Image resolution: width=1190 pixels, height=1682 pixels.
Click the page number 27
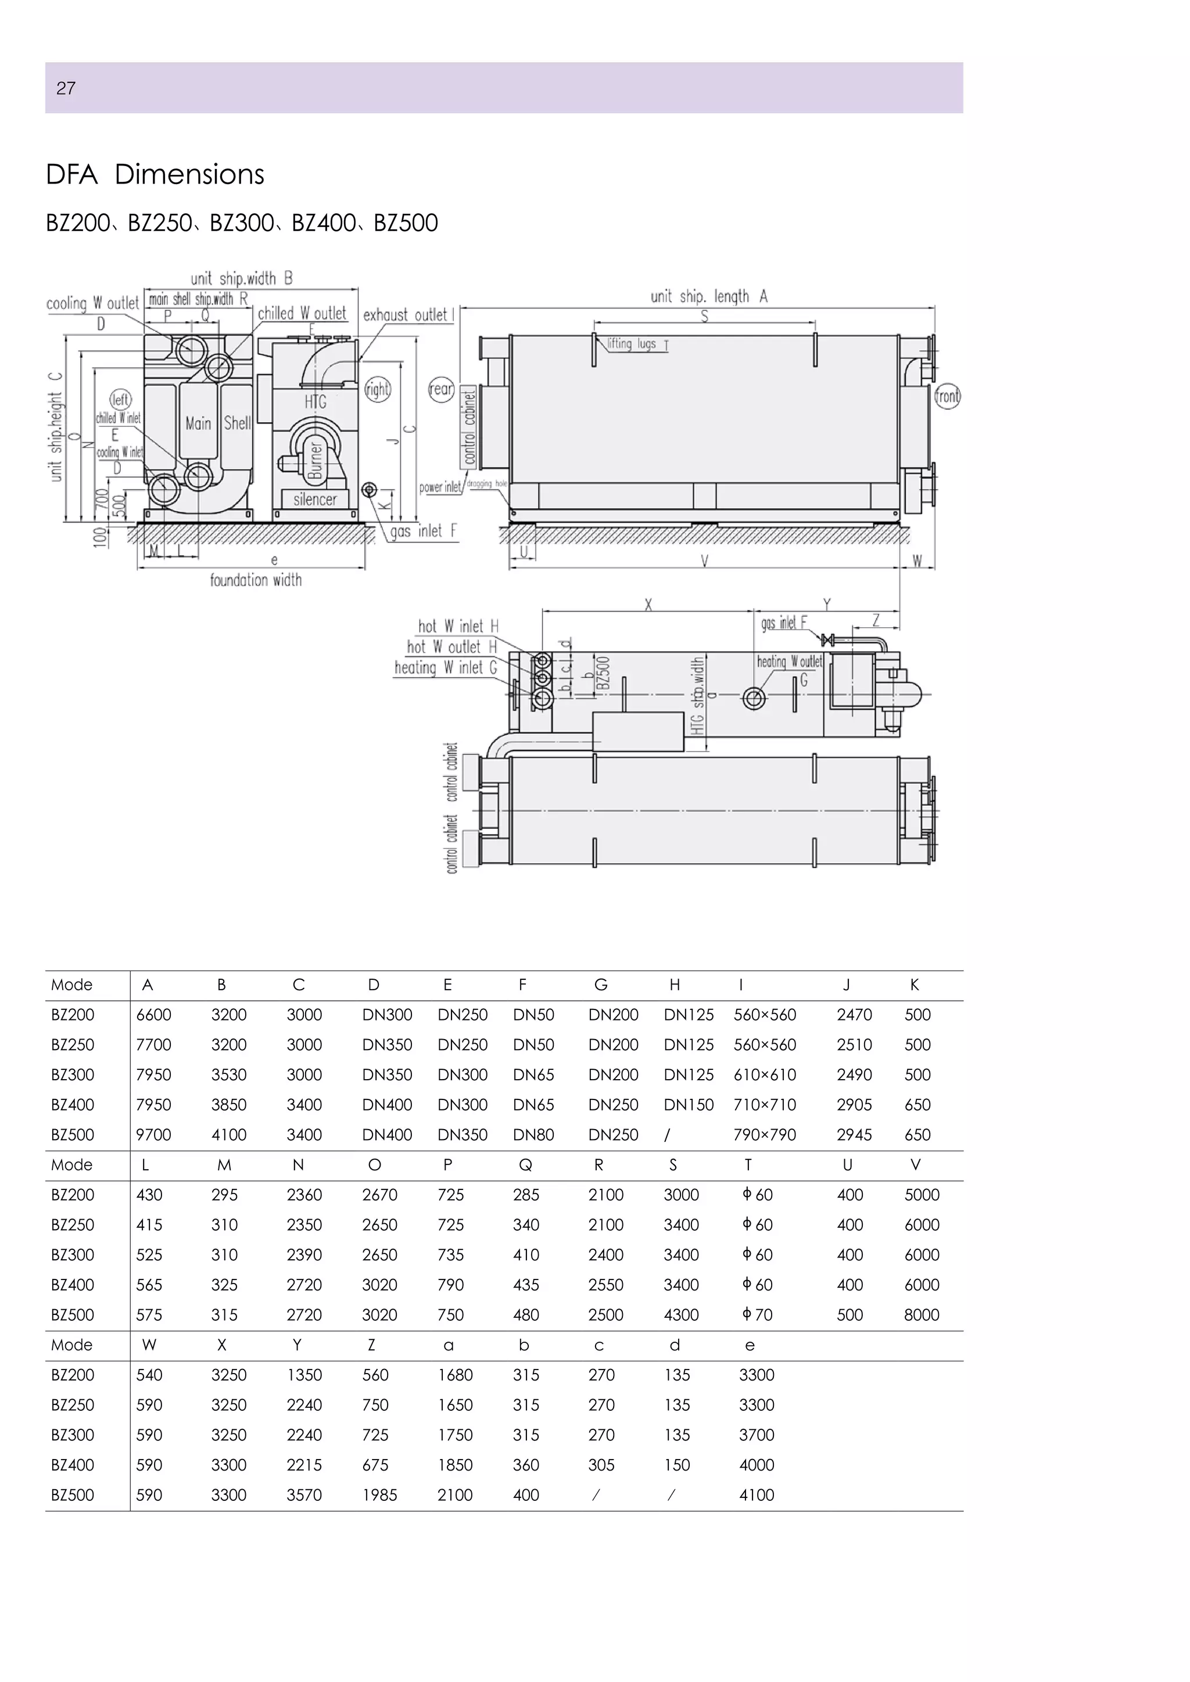66,89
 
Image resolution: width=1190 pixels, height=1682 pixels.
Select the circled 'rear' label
441,389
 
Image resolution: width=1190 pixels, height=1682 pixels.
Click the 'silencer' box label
315,499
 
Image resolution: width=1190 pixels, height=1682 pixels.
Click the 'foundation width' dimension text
256,580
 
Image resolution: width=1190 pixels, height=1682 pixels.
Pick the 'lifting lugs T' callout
637,344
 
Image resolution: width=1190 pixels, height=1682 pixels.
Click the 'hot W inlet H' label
458,626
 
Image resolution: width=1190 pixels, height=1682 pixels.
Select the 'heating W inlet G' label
446,667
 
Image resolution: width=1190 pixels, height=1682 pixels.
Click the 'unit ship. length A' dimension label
708,297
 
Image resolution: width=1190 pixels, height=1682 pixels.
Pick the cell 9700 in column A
154,1135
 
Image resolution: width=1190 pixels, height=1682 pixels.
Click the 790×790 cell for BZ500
764,1135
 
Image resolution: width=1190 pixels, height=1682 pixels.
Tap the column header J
847,985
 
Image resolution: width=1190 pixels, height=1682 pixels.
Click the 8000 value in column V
921,1315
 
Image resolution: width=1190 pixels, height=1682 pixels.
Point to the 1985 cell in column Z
379,1495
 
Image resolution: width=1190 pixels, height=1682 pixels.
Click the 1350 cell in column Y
304,1375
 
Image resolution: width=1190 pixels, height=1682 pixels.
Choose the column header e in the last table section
749,1345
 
